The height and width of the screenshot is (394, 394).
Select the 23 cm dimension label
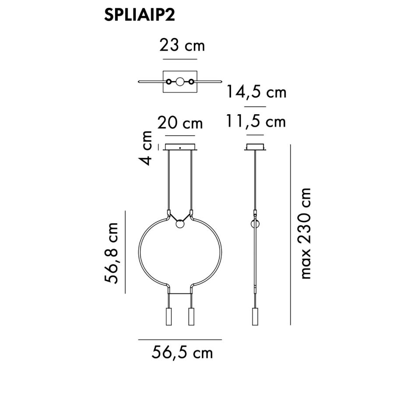[182, 46]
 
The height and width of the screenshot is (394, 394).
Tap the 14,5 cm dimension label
[257, 92]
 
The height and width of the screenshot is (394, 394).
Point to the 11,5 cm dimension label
[256, 121]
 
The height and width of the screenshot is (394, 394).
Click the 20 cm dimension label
[180, 123]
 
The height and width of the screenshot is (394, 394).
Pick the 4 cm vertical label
[146, 148]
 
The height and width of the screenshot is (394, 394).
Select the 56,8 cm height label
[111, 253]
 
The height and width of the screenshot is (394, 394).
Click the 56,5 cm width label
[182, 352]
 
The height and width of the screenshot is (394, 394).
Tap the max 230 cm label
[305, 233]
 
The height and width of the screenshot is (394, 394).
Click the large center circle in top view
[180, 82]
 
